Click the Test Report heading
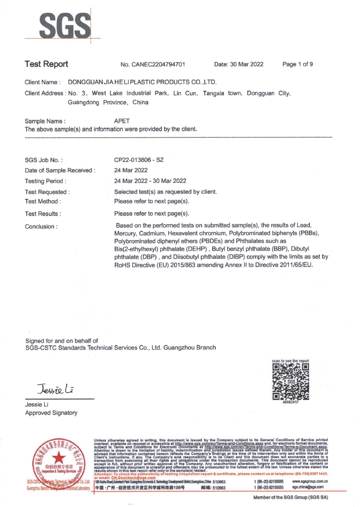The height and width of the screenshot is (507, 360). [x=46, y=64]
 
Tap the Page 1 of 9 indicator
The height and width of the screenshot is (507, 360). [x=298, y=64]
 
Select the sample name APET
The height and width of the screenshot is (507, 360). [x=122, y=121]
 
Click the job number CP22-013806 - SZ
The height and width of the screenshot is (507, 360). [x=139, y=160]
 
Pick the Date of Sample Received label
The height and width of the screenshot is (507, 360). [x=60, y=170]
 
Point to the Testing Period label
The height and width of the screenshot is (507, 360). [x=46, y=181]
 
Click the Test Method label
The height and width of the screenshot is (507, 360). [x=43, y=201]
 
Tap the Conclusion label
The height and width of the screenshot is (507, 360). [x=41, y=227]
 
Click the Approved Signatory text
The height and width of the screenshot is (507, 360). [x=51, y=413]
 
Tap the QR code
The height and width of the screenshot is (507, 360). [x=291, y=381]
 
